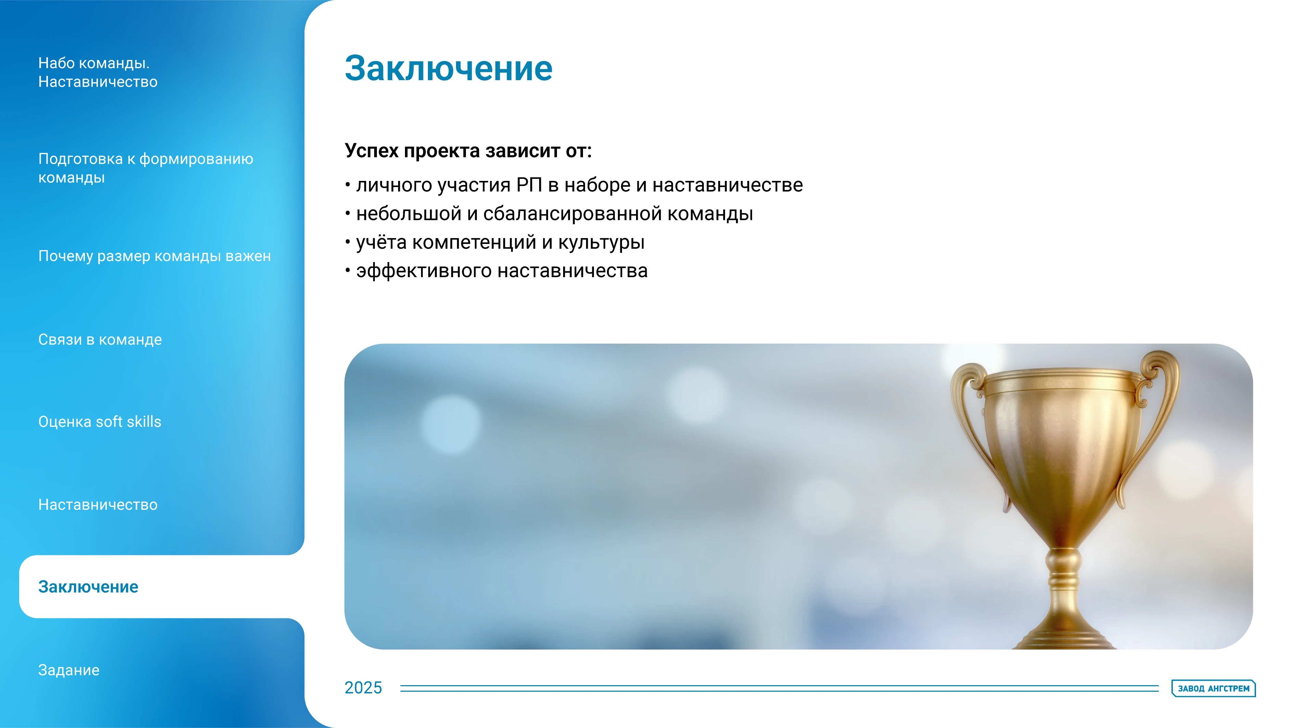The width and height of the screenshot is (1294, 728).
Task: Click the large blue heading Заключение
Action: [448, 69]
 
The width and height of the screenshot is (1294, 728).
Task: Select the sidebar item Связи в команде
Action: [100, 340]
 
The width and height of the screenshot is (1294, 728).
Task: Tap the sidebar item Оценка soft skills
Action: [100, 422]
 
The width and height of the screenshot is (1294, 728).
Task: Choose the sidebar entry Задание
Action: [69, 670]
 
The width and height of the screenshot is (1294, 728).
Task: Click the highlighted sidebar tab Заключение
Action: [88, 587]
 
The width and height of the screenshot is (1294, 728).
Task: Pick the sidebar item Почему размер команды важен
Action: [154, 256]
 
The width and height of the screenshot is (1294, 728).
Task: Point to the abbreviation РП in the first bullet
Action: [529, 185]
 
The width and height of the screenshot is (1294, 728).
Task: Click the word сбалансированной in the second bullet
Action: [572, 214]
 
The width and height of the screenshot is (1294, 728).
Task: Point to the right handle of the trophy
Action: [1155, 417]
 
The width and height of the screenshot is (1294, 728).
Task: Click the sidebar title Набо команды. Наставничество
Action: [98, 72]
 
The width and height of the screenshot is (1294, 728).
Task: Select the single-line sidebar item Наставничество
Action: [98, 505]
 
